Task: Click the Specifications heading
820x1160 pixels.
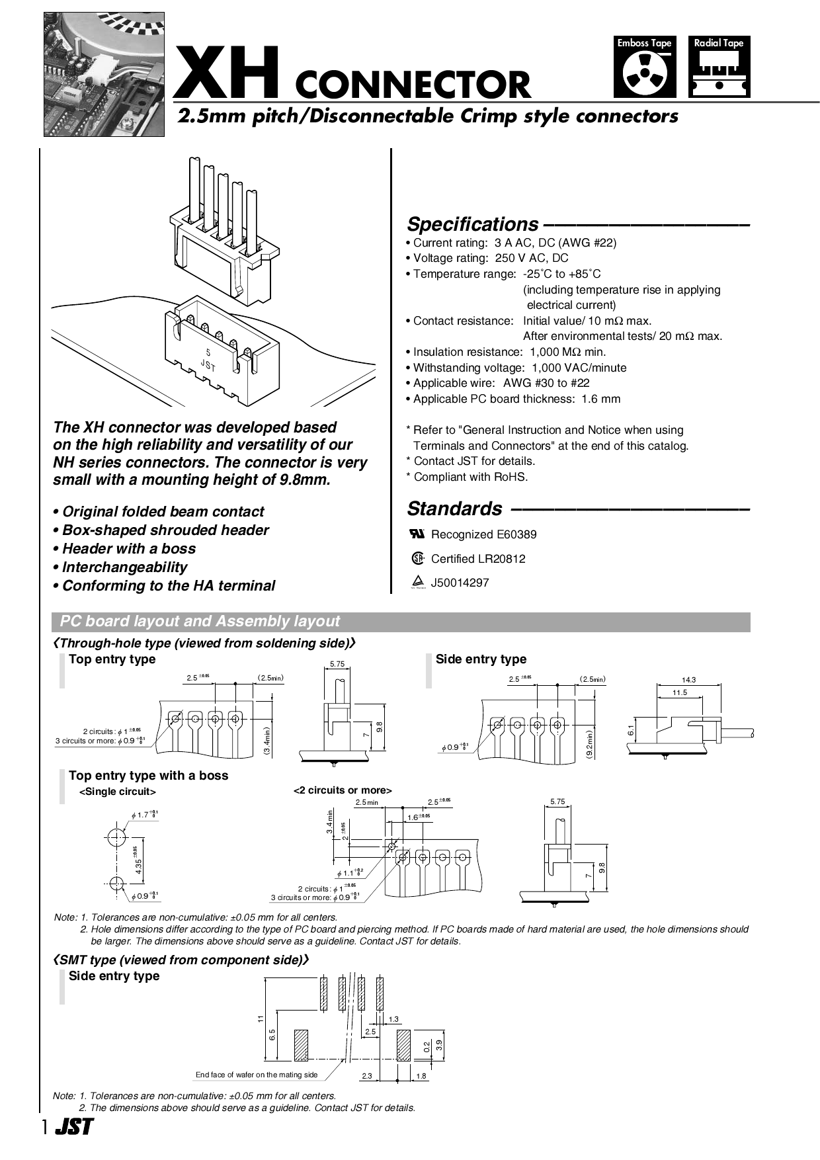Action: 472,224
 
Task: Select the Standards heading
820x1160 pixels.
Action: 454,509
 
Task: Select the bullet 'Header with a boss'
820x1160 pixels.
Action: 128,549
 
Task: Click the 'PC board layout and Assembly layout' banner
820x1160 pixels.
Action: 200,622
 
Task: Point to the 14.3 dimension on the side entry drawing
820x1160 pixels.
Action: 688,679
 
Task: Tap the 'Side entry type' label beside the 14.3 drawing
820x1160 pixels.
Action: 481,659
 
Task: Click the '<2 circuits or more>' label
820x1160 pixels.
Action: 343,790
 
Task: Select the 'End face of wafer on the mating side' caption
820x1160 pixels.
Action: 257,1075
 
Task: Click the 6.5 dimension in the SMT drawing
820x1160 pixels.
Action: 272,1035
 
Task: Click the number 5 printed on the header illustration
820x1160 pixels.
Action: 209,352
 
